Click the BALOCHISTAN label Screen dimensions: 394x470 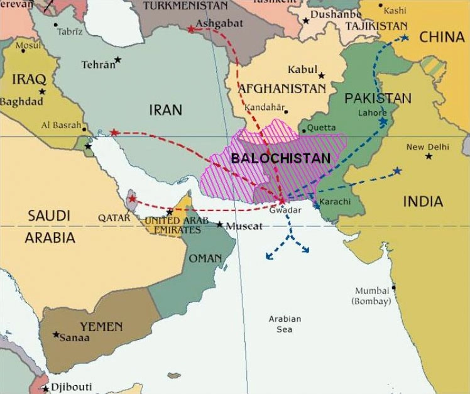tap(280, 158)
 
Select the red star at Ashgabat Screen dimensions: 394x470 tap(191, 29)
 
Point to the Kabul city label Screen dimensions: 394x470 tap(302, 69)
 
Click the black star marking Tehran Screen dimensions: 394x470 tap(117, 60)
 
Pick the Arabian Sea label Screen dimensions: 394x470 tap(285, 324)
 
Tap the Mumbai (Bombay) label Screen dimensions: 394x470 tap(373, 296)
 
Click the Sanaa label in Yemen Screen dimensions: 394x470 tap(74, 338)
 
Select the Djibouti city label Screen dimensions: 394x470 tap(71, 386)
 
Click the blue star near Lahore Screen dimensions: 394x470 tap(383, 121)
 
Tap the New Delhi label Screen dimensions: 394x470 tap(428, 147)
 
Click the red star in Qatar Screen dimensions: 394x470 tap(131, 199)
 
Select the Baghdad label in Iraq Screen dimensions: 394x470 tap(21, 101)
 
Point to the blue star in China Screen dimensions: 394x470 tap(404, 38)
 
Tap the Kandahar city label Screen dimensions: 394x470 tap(265, 107)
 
